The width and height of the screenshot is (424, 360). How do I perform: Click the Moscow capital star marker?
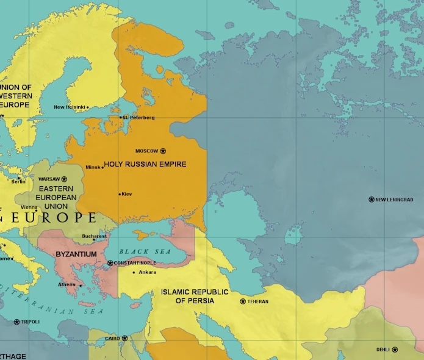tap(163, 151)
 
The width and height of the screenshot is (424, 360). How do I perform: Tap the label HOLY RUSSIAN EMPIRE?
tap(145, 164)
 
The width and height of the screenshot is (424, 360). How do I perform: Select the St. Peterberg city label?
tap(139, 117)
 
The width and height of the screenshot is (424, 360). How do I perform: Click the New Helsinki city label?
tap(69, 107)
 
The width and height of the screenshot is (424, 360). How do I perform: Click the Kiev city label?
tap(127, 194)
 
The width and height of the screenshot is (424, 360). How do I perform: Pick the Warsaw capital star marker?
tap(64, 179)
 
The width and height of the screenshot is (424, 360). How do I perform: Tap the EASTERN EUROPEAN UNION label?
tap(56, 197)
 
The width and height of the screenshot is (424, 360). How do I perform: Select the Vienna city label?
tap(29, 207)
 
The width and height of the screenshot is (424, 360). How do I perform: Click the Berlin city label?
tap(18, 181)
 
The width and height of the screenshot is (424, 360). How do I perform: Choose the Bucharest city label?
tap(95, 236)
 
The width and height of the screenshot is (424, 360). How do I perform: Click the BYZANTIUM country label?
tap(76, 254)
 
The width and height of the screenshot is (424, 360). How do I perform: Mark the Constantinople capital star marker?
tap(110, 263)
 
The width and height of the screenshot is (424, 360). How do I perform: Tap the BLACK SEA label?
tap(142, 251)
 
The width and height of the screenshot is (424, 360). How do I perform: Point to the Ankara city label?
tap(148, 272)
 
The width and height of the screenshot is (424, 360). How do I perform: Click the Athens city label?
tap(66, 284)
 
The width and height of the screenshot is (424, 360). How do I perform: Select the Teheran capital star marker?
tap(243, 301)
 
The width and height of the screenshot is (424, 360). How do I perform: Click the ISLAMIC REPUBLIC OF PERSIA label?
tap(195, 296)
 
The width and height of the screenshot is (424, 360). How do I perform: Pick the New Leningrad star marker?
tap(372, 200)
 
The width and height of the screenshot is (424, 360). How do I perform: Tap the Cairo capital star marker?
tap(124, 338)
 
